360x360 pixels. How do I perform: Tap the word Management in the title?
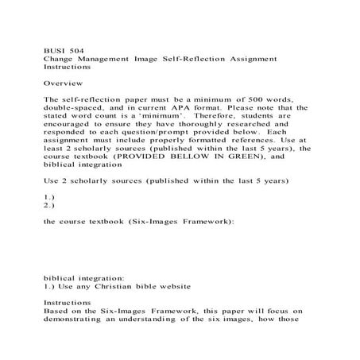[103, 58]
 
